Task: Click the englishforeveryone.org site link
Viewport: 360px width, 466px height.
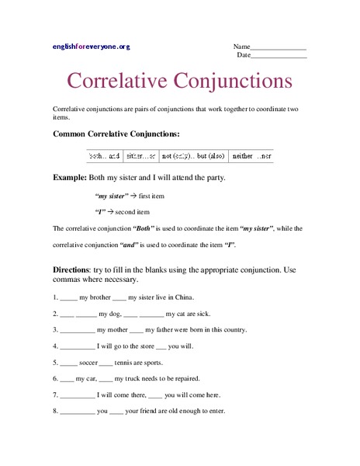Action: click(x=92, y=47)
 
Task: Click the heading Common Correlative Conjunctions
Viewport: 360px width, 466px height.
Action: click(x=116, y=134)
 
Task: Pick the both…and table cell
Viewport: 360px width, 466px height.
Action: click(x=105, y=156)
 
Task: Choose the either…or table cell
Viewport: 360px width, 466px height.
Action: click(x=140, y=156)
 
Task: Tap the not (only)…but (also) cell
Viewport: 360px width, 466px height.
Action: click(x=194, y=156)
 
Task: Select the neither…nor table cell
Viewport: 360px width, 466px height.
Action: click(x=251, y=156)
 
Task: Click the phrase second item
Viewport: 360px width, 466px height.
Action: click(x=135, y=211)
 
